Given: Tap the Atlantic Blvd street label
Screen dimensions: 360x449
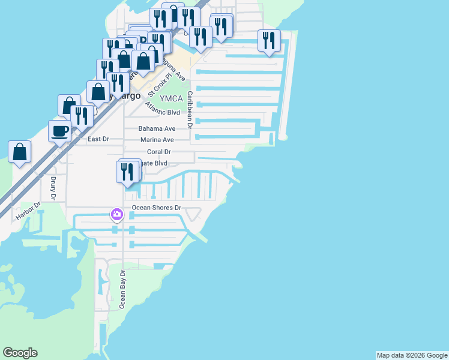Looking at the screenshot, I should pyautogui.click(x=163, y=112).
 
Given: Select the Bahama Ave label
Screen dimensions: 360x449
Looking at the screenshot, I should pyautogui.click(x=157, y=128).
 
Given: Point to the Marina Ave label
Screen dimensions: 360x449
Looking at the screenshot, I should pyautogui.click(x=157, y=140).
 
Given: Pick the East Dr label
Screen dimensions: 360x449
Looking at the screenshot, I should pyautogui.click(x=98, y=139).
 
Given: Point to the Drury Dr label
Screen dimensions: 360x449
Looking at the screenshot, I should pyautogui.click(x=53, y=187).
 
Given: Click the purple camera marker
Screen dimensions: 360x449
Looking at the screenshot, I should pyautogui.click(x=116, y=214).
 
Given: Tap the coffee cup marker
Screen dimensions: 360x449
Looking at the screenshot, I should pyautogui.click(x=60, y=131).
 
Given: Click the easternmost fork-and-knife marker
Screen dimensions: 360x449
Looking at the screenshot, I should pyautogui.click(x=268, y=40).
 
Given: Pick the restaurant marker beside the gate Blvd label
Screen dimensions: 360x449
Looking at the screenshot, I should pyautogui.click(x=127, y=172).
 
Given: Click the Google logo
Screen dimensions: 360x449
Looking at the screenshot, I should pyautogui.click(x=20, y=353).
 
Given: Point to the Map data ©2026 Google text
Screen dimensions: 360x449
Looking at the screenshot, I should pyautogui.click(x=412, y=355).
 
